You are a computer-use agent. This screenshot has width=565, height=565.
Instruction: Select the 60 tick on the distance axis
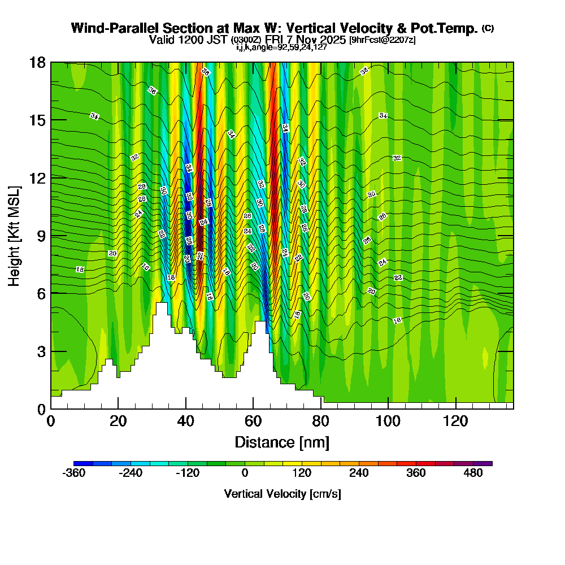coord(253,421)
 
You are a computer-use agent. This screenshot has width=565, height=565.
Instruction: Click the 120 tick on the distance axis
coord(455,421)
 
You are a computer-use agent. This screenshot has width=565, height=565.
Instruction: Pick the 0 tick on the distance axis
coord(51,421)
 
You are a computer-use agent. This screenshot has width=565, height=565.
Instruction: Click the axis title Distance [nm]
coord(282,441)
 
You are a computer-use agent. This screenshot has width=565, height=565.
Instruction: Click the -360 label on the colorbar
coord(73,473)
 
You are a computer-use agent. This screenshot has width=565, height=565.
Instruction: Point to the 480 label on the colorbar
coord(473,473)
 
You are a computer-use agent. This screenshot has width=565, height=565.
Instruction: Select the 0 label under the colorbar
coord(245,473)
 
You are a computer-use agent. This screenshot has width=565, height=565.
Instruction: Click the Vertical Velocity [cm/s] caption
coord(282,494)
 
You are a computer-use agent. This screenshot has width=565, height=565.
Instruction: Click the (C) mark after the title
coord(488,28)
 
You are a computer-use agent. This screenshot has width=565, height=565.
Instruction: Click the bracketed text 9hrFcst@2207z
coord(383,40)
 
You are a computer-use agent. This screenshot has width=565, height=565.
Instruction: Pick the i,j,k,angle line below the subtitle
coord(281,47)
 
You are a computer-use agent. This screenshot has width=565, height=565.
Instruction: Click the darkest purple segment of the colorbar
coord(486,463)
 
